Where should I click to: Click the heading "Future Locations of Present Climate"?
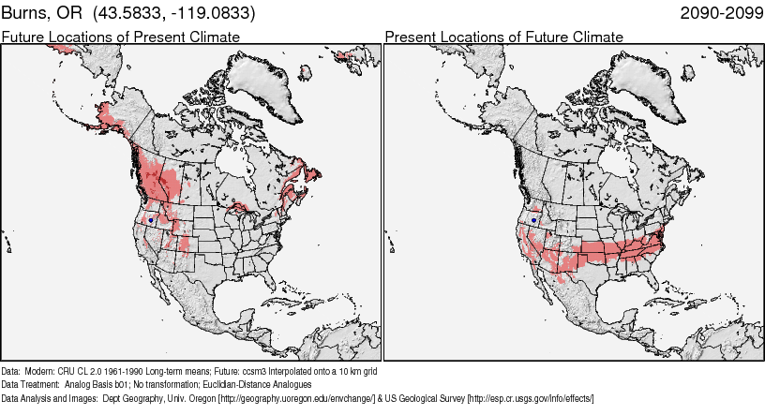(120, 37)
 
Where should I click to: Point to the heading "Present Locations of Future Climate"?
(503, 37)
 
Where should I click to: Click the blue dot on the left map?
(151, 219)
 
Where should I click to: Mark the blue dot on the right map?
(533, 219)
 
